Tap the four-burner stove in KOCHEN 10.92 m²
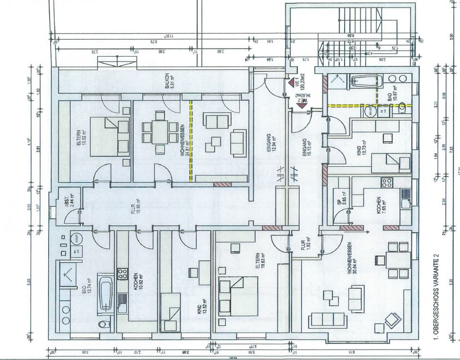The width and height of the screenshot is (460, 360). (122, 274)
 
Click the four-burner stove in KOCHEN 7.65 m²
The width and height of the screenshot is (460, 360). (387, 183)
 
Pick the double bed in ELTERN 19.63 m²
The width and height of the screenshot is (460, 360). (238, 297)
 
